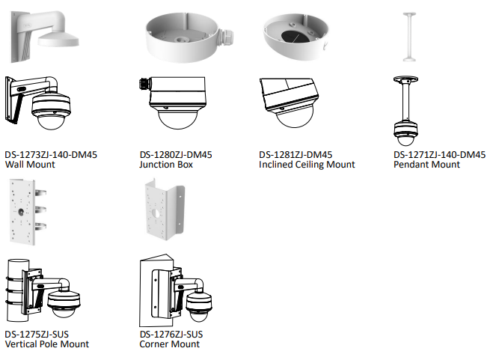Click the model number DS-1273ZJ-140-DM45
(x=51, y=155)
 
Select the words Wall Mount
(x=30, y=165)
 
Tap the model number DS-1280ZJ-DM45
(x=176, y=155)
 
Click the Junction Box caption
(x=166, y=165)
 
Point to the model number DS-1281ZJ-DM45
(x=296, y=155)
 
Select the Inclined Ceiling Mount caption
(x=307, y=165)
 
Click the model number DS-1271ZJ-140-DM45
(x=439, y=155)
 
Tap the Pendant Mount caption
(x=426, y=165)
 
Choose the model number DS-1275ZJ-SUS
(x=37, y=335)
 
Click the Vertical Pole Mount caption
(x=47, y=344)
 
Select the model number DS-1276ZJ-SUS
(x=171, y=335)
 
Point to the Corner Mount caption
(x=170, y=344)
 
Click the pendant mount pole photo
(x=409, y=37)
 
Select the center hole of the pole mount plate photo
(x=21, y=212)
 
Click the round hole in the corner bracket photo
(x=156, y=213)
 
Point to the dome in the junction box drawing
(x=177, y=118)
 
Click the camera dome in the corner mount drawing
(x=198, y=315)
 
